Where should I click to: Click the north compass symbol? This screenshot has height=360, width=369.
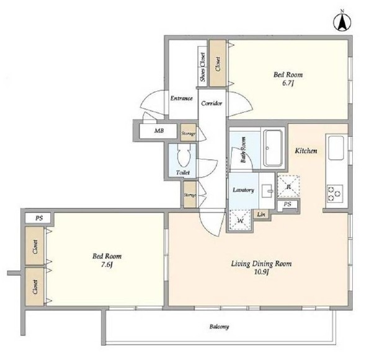pyautogui.click(x=342, y=22)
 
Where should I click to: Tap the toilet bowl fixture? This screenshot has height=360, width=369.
pyautogui.click(x=184, y=155)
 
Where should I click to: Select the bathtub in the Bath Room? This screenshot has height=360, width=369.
pyautogui.click(x=273, y=147)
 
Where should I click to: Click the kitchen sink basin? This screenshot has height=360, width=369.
pyautogui.click(x=336, y=148)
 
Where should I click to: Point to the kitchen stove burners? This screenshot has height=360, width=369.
pyautogui.click(x=335, y=193)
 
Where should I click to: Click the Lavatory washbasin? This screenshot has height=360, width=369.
pyautogui.click(x=268, y=191)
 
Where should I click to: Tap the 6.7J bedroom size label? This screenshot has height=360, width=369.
pyautogui.click(x=288, y=83)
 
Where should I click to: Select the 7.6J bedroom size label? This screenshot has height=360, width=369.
pyautogui.click(x=107, y=265)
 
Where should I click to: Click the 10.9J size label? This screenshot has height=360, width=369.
pyautogui.click(x=261, y=272)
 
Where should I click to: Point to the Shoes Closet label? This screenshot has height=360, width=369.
pyautogui.click(x=202, y=67)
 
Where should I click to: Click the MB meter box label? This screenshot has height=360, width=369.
pyautogui.click(x=159, y=131)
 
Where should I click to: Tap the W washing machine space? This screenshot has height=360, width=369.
pyautogui.click(x=239, y=221)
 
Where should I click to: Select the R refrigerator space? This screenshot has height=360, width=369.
pyautogui.click(x=288, y=187)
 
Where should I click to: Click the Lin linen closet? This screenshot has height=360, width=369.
pyautogui.click(x=261, y=214)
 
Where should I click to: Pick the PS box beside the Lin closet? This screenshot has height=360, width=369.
pyautogui.click(x=287, y=204)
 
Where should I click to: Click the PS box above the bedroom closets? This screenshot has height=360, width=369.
pyautogui.click(x=39, y=218)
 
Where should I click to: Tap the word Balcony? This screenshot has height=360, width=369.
pyautogui.click(x=219, y=327)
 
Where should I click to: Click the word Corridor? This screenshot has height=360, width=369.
pyautogui.click(x=211, y=103)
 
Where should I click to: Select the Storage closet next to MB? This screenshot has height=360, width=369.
pyautogui.click(x=189, y=133)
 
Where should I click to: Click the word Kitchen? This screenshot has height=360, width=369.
pyautogui.click(x=306, y=151)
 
